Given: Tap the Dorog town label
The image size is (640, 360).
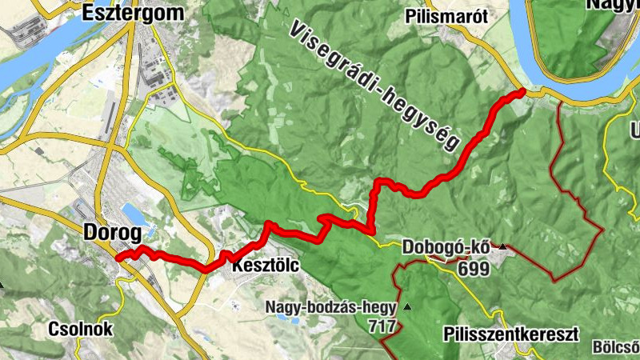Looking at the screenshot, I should tap(112, 233).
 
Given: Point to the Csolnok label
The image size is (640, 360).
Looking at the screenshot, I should tap(80, 329).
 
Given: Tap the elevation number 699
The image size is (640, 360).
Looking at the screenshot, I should tap(474, 268).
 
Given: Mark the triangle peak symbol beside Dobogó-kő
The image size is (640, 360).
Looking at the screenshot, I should tap(502, 247).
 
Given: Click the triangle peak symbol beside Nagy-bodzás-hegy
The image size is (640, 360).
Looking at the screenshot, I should tap(407, 306).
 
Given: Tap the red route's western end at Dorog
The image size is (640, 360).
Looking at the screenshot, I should tap(118, 258).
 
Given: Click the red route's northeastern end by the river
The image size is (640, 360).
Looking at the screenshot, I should tap(522, 93).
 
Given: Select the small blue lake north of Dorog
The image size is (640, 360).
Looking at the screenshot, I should tap(134, 213).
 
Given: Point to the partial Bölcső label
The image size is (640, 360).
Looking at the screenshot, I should tap(615, 347).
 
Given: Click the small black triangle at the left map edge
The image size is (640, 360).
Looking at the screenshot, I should tap(2, 283).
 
